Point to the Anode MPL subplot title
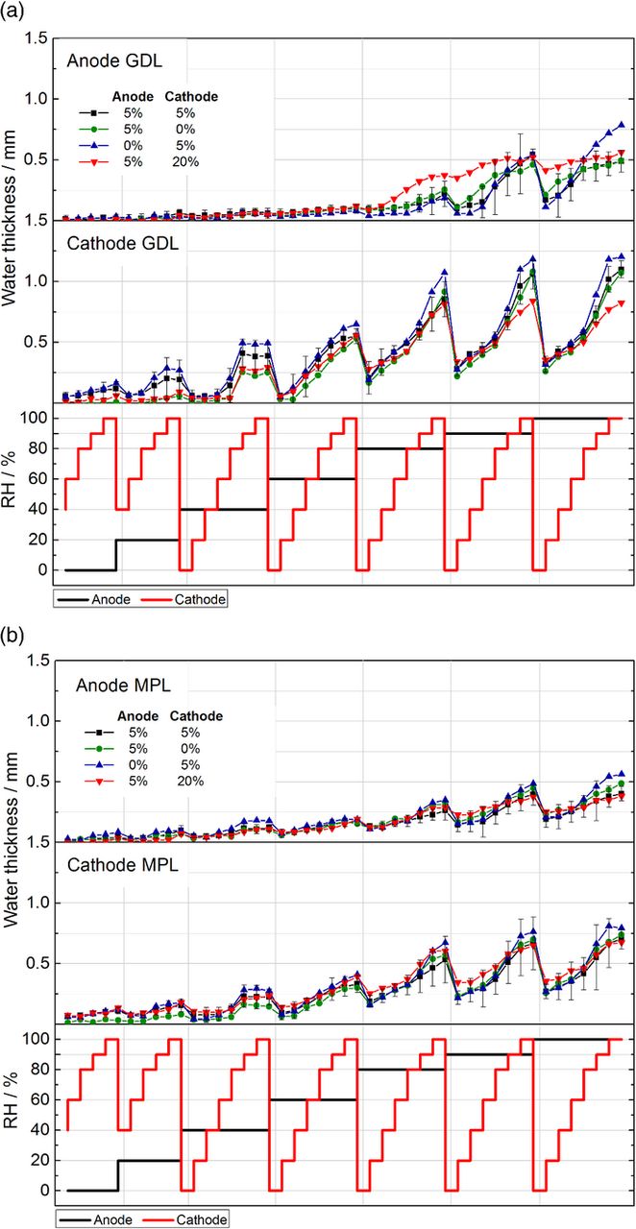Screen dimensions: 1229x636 (x=116, y=684)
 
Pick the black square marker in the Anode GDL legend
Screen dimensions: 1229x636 (x=89, y=112)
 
